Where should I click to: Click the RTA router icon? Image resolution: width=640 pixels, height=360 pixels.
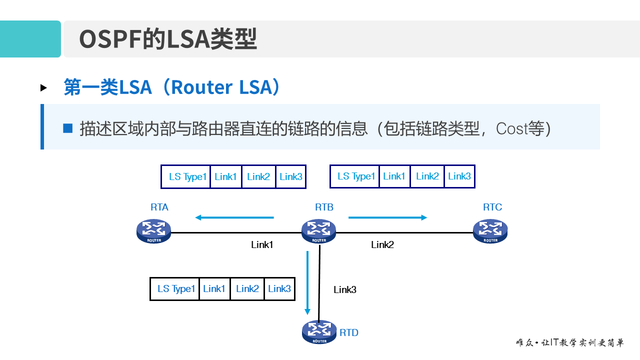click(153, 231)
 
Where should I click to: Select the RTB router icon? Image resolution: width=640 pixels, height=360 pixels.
click(318, 231)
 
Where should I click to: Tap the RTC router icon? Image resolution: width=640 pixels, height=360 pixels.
click(490, 231)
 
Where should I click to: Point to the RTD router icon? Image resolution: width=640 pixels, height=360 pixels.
click(319, 331)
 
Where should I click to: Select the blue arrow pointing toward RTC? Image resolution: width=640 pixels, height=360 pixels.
click(387, 217)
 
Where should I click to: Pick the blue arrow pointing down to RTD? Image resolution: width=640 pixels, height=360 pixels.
click(307, 282)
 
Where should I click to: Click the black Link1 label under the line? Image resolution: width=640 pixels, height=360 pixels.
click(262, 245)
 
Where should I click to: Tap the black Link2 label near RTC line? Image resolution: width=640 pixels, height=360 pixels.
click(382, 245)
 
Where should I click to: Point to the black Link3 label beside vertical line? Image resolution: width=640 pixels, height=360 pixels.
click(345, 289)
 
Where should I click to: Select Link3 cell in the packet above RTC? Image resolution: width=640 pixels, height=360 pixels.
click(459, 176)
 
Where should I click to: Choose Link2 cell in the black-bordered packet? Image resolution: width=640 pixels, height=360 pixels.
click(247, 289)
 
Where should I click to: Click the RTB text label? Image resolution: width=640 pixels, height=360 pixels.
click(324, 207)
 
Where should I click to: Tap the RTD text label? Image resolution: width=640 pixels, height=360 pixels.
click(349, 333)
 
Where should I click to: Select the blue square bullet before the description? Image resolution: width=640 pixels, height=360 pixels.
click(68, 128)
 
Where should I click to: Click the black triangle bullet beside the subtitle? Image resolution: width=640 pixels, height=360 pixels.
click(43, 88)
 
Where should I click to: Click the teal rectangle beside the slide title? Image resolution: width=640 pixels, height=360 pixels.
click(30, 39)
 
